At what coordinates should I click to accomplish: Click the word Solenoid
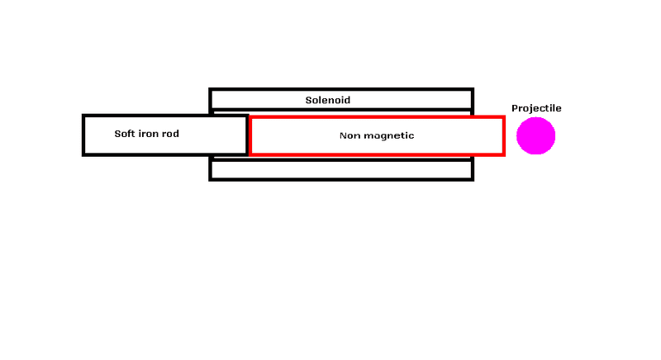(328, 100)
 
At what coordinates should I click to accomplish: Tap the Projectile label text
(536, 108)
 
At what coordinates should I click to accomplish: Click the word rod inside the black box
(171, 133)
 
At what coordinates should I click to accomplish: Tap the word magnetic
(389, 135)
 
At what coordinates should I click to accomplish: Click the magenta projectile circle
(535, 135)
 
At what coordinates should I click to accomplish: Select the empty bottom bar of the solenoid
(341, 170)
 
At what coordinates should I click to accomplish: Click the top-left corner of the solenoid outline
(211, 89)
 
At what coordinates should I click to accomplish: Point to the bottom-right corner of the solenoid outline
(472, 179)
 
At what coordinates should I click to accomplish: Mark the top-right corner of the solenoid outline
(472, 89)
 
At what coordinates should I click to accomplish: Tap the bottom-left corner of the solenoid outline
(211, 179)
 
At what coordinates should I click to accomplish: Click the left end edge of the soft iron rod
(83, 135)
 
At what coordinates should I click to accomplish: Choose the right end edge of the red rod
(503, 135)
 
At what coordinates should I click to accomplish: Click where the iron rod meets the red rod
(248, 135)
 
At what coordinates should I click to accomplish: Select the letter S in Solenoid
(308, 100)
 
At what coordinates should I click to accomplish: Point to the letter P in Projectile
(514, 108)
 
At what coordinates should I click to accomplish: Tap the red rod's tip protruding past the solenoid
(488, 135)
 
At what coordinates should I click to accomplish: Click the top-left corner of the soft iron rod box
(83, 116)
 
